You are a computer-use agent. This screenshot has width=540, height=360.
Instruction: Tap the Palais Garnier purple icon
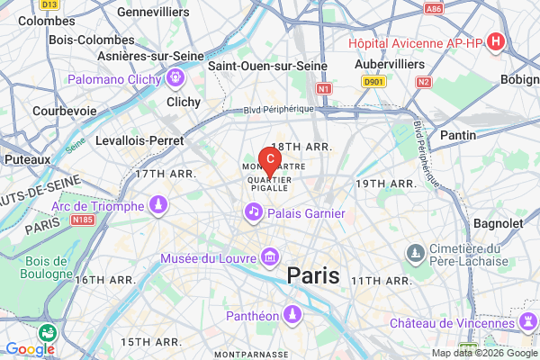254,211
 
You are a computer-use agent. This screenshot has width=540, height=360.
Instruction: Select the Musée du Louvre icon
268,259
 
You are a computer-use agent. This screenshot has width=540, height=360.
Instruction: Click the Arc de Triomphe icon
159,206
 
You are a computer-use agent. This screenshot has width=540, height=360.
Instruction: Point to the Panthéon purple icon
292,314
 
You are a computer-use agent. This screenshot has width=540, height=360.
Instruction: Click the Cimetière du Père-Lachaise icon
415,251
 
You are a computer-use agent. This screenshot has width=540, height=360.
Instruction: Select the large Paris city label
313,276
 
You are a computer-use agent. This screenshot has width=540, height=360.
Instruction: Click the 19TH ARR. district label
384,184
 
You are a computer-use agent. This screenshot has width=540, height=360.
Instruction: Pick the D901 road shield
374,81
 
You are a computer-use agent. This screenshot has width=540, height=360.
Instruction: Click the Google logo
30,349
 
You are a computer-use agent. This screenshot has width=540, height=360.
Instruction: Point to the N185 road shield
84,220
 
